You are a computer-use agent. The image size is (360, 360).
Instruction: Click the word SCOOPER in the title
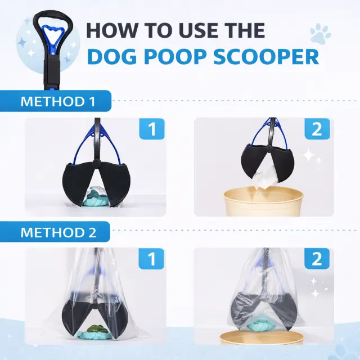pos(266,57)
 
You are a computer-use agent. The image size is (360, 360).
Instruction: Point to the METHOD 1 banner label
pos(58,101)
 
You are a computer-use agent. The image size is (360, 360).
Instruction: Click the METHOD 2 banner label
pos(58,232)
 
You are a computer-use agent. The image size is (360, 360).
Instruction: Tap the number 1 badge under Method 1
pos(152,129)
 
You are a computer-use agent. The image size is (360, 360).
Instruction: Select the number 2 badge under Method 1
pos(317,129)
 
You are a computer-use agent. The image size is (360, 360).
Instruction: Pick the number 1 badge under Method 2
pos(151,259)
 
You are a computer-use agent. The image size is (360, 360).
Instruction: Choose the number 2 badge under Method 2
pos(317,259)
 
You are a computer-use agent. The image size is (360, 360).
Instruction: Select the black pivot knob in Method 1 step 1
pos(97,163)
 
